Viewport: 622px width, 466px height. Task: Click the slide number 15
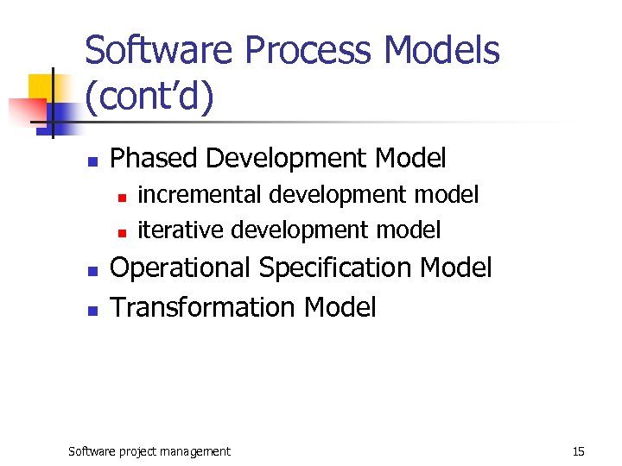point(579,451)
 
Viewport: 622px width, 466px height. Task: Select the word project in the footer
point(139,451)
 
